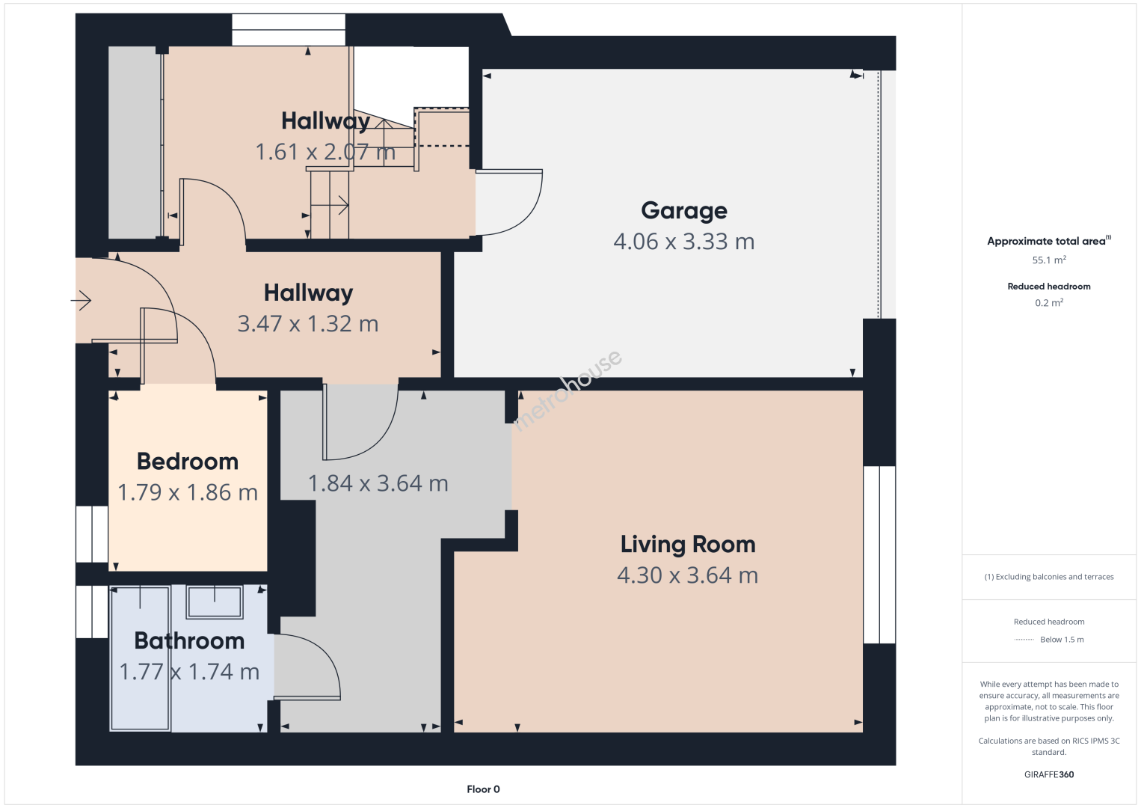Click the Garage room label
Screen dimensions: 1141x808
click(683, 211)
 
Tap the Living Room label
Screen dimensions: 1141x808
click(688, 545)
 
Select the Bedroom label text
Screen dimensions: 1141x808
click(188, 462)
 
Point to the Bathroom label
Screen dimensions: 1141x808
click(189, 641)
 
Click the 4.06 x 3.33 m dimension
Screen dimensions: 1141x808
click(683, 242)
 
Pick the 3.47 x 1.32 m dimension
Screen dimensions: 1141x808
click(308, 324)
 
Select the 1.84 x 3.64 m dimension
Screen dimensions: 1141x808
click(378, 483)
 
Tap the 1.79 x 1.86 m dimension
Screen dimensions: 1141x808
click(188, 492)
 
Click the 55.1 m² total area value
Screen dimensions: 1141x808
click(1049, 260)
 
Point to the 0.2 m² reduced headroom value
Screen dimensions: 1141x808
click(1049, 303)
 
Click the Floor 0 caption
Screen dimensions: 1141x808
click(483, 789)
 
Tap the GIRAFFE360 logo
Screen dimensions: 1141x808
click(1049, 774)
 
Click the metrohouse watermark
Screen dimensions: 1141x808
click(568, 391)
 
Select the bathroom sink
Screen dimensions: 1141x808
click(215, 602)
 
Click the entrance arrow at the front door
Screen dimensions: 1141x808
click(81, 300)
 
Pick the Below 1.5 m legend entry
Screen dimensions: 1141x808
click(1049, 639)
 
